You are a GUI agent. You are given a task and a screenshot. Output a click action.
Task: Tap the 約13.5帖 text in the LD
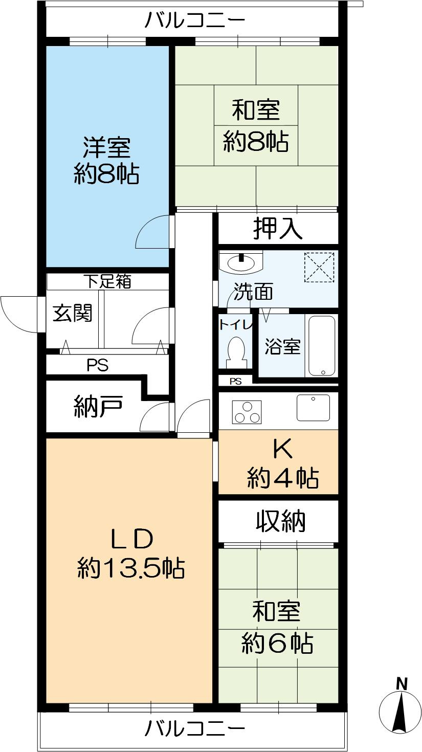(x=131, y=568)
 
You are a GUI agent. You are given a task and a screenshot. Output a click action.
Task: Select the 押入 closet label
(x=278, y=229)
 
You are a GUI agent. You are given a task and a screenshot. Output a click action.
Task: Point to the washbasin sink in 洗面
(x=240, y=263)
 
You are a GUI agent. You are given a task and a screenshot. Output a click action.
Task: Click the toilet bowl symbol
(x=236, y=350)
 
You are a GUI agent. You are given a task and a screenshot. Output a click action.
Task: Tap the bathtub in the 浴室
(x=322, y=346)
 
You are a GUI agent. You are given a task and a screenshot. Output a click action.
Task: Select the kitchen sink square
(x=313, y=408)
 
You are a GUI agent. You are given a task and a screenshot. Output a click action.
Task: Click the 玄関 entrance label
(x=73, y=314)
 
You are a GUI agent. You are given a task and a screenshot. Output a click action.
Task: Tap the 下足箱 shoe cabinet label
(x=107, y=281)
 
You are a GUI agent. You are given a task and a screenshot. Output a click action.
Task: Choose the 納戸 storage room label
(x=98, y=408)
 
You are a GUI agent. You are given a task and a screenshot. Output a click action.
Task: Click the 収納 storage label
(x=280, y=521)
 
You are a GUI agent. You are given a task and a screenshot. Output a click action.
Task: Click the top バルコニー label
(x=195, y=21)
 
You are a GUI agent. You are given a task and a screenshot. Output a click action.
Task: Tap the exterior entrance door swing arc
(x=18, y=314)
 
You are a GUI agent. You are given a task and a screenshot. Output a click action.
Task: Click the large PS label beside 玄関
(x=97, y=365)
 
